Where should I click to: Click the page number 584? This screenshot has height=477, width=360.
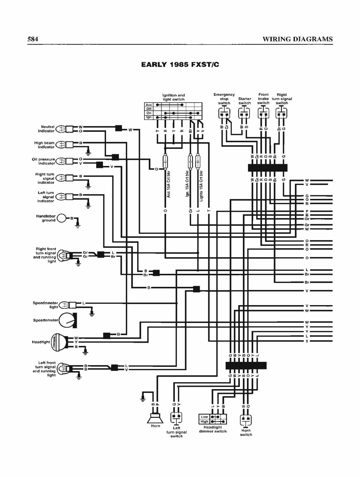(33, 39)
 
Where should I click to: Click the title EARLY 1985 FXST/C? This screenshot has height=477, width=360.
(180, 65)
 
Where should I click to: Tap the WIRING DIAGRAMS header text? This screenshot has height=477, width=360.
(298, 39)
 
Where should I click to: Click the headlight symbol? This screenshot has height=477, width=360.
(59, 342)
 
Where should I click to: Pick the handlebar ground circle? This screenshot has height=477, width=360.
(61, 218)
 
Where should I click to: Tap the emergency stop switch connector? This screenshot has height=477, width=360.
(224, 113)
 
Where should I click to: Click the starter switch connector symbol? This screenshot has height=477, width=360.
(244, 113)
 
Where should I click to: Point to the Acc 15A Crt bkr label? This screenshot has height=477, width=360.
(169, 184)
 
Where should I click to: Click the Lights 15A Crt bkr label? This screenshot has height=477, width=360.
(201, 186)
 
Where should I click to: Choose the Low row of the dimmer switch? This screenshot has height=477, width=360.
(213, 417)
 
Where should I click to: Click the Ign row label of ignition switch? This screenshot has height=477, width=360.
(149, 117)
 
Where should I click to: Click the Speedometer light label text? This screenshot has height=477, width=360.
(46, 305)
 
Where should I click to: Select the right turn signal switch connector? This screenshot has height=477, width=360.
(281, 113)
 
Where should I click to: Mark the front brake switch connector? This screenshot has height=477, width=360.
(263, 113)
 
